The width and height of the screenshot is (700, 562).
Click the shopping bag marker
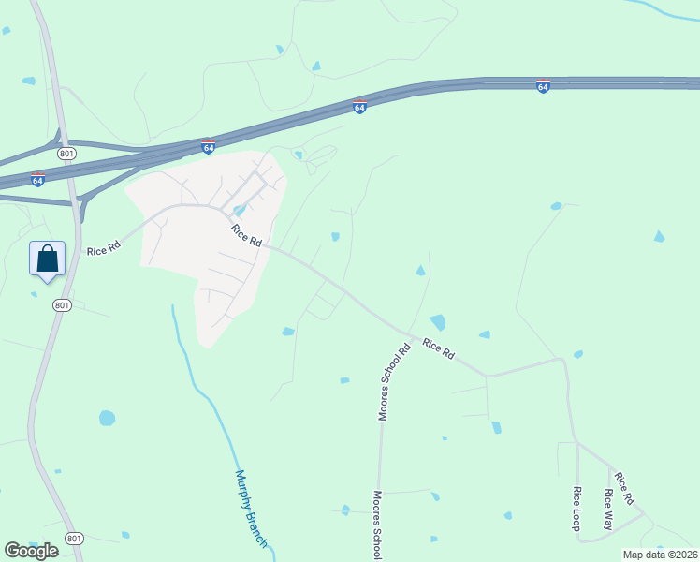coord(48,259)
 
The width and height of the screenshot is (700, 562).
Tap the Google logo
coord(31,550)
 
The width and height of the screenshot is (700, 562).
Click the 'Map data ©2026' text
coord(659,554)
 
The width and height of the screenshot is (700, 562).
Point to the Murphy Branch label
coord(252,509)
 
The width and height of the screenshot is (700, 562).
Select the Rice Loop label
coord(577,509)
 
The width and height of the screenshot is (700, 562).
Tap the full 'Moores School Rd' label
coord(394,383)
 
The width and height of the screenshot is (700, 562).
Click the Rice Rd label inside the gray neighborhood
coord(247,235)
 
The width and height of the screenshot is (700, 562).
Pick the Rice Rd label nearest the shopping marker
coord(104,250)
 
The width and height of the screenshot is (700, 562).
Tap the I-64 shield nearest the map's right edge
coord(543,86)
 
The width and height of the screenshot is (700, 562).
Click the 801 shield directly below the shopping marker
coord(62,305)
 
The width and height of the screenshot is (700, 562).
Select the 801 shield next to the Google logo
coord(75,539)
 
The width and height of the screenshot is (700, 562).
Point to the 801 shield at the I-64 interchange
coord(65,152)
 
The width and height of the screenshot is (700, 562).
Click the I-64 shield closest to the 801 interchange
coord(37,179)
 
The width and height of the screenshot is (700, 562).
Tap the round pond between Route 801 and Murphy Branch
coord(107,418)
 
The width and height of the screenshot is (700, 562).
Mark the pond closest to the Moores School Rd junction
coord(437,322)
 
